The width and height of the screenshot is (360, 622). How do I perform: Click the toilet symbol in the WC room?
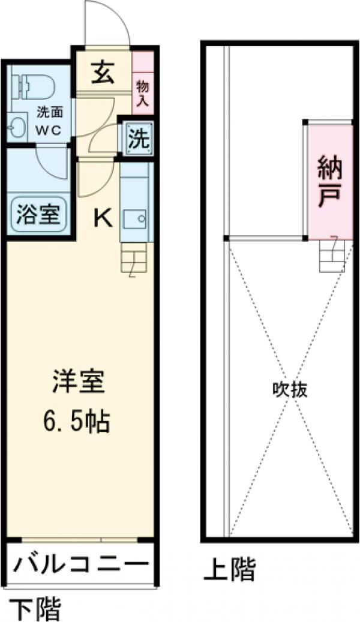click(x=35, y=85)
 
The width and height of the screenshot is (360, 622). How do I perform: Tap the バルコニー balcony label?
click(x=81, y=565)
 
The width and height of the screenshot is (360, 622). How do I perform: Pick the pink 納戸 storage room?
click(x=329, y=180)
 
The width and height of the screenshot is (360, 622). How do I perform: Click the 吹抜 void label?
click(x=290, y=390)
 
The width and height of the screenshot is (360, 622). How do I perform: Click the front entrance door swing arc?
click(x=107, y=24)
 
